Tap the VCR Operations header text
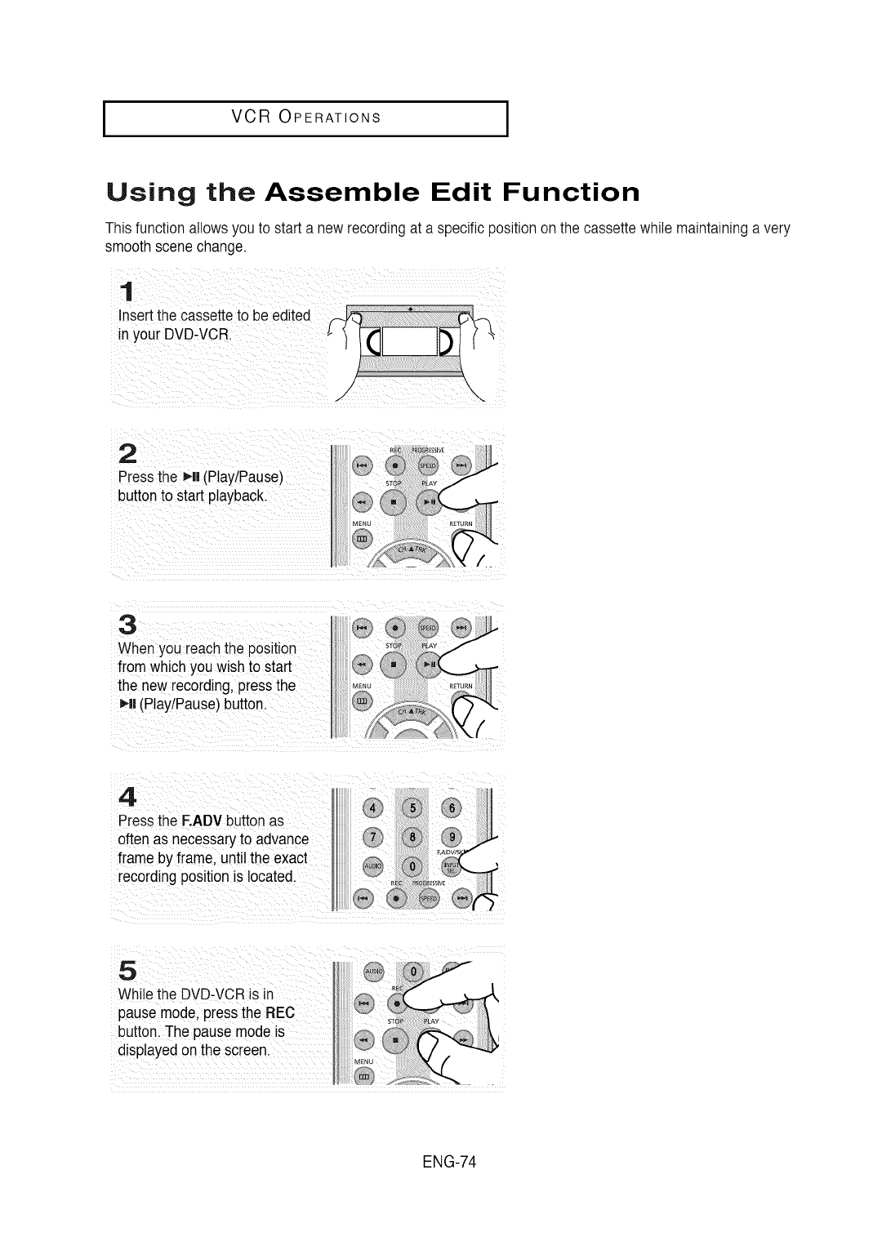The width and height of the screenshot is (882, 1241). tap(306, 116)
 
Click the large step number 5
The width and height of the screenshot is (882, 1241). tap(127, 969)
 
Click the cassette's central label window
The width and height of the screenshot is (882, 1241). tap(409, 340)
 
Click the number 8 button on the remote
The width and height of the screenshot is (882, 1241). tap(412, 838)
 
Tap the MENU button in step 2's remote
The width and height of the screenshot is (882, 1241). tap(362, 539)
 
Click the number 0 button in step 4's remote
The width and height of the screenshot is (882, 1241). tap(412, 867)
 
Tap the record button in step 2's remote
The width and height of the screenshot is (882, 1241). tap(394, 465)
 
